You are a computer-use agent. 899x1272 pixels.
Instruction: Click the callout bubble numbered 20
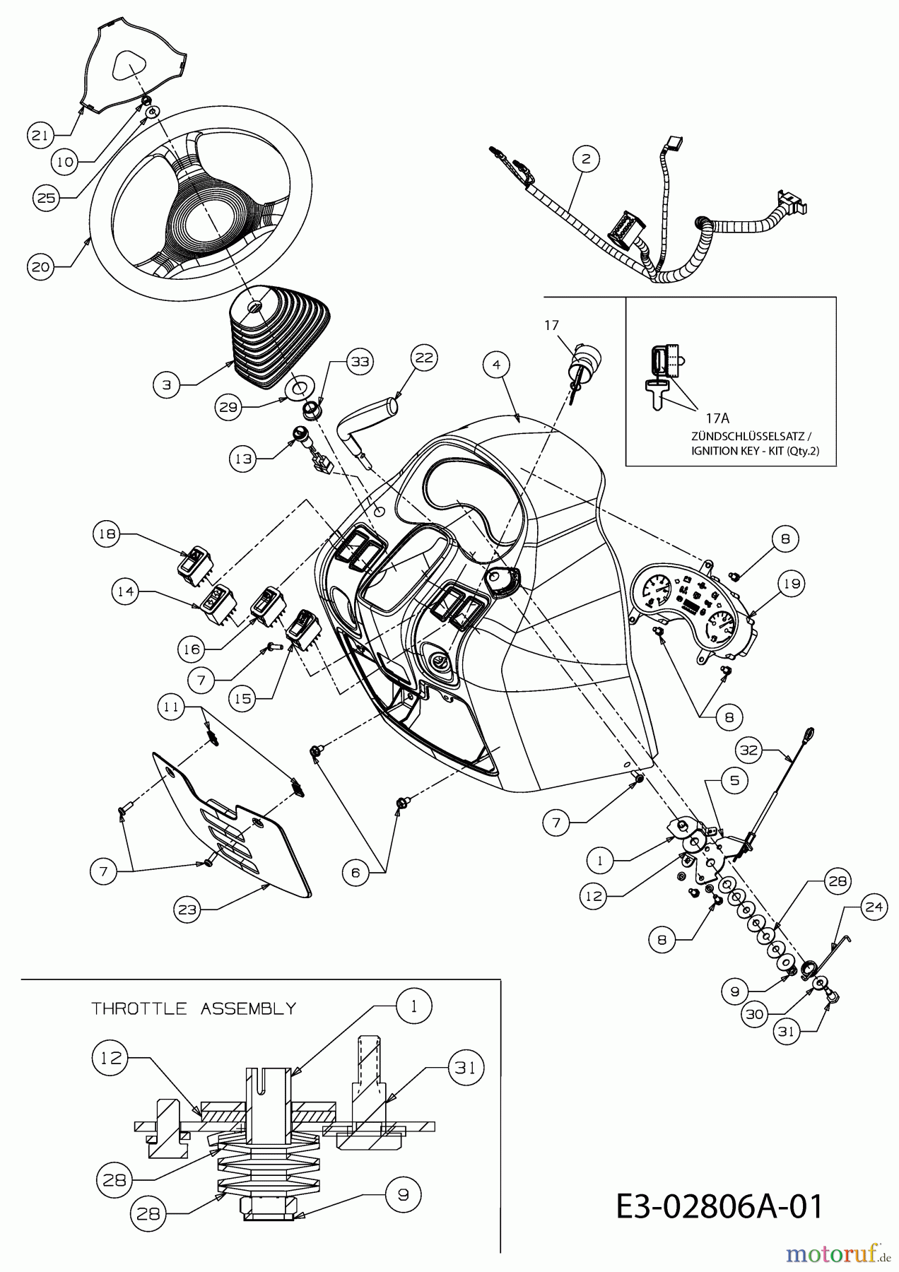41,267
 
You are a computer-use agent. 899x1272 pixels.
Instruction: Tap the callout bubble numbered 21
40,134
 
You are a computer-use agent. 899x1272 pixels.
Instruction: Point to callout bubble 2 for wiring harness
585,159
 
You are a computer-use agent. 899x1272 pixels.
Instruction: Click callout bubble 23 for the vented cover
187,909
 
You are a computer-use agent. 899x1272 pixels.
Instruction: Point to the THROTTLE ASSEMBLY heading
193,1008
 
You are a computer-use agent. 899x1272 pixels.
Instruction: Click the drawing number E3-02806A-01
719,1206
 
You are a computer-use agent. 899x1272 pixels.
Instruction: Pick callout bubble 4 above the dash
497,365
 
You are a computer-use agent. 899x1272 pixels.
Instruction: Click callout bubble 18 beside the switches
107,534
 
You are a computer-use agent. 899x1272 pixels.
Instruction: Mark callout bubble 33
360,362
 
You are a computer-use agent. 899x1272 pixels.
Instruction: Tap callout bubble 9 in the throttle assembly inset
403,1195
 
